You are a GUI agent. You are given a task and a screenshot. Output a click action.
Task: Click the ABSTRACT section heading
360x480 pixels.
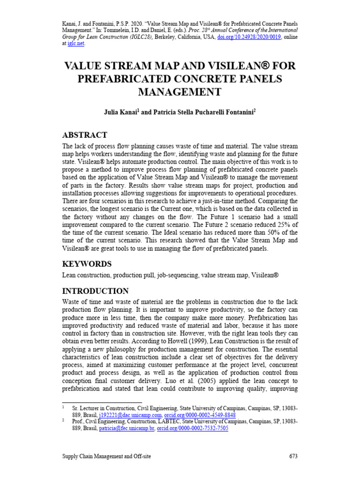click(x=85, y=135)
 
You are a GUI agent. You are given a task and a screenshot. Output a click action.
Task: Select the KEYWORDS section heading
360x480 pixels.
click(x=87, y=264)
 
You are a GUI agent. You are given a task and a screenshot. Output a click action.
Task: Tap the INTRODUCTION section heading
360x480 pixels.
click(x=95, y=291)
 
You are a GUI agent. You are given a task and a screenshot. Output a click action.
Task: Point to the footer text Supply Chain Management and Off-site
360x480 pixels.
click(x=107, y=456)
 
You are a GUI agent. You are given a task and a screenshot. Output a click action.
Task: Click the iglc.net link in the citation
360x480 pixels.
click(x=76, y=44)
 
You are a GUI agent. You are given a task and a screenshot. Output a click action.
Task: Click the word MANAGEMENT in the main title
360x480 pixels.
click(x=180, y=92)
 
